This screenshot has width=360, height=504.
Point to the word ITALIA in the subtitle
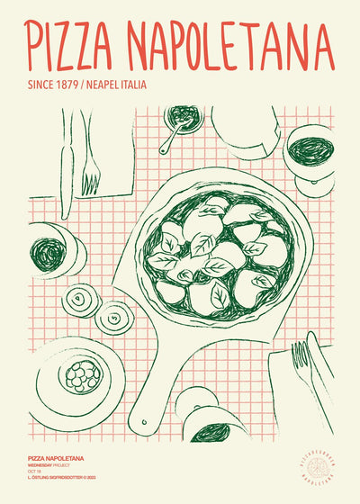coord(130,85)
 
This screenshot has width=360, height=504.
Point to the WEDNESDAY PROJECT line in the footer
coord(54,466)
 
